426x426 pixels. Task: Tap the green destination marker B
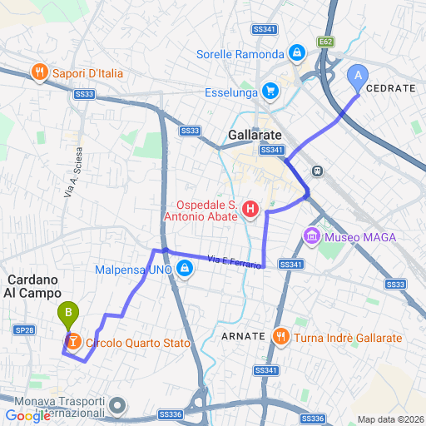67,315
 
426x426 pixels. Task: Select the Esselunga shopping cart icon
269,91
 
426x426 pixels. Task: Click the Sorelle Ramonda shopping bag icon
296,55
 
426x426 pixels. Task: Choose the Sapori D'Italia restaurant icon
39,73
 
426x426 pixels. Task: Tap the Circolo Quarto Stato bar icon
73,342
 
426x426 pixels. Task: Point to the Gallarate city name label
255,134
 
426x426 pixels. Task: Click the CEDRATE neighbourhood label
389,87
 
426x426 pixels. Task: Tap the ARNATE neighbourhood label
244,337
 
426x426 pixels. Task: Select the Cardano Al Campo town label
32,285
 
